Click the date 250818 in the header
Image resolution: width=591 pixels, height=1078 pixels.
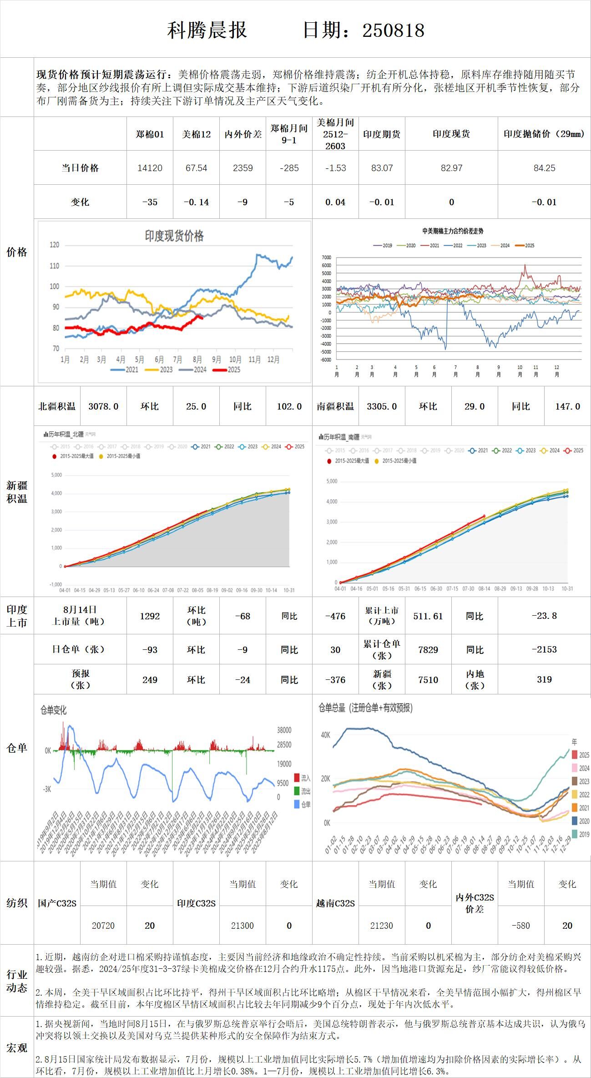[x=393, y=30]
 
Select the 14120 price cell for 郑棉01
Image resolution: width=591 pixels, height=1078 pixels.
[x=150, y=168]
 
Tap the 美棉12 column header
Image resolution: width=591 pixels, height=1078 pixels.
[x=196, y=134]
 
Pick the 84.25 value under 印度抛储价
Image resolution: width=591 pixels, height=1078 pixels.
[x=544, y=168]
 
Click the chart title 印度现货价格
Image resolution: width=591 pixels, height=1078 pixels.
[x=174, y=236]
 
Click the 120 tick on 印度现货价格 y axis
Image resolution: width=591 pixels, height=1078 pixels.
[x=55, y=245]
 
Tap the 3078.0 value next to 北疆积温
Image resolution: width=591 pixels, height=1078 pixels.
[x=103, y=406]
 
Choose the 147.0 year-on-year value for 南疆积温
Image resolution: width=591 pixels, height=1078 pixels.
[x=567, y=406]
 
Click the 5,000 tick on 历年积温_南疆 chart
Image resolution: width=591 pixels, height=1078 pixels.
[x=332, y=481]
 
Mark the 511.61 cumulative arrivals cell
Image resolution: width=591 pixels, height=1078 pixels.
[x=428, y=616]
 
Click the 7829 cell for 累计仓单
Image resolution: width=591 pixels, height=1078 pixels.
[x=428, y=650]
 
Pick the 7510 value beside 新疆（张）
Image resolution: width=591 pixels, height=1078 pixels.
[x=428, y=680]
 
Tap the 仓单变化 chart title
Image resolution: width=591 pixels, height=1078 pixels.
[x=54, y=710]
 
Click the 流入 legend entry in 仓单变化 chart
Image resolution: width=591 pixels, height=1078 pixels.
[x=303, y=778]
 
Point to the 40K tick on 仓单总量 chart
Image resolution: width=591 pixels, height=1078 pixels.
[x=326, y=735]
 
